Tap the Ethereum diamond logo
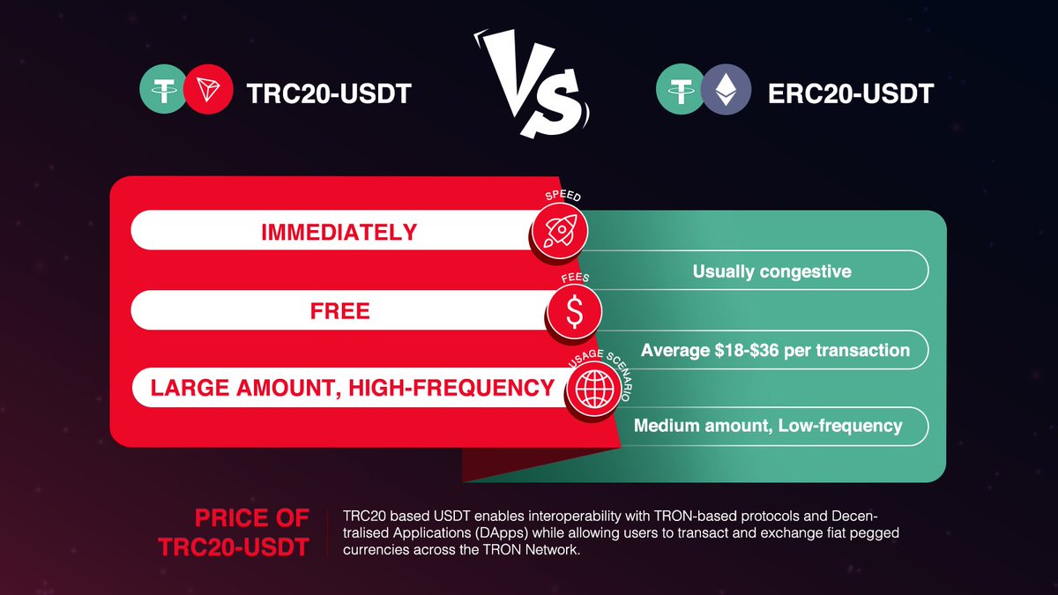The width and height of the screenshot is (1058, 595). point(726,93)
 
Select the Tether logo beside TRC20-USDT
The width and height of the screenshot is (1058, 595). point(164,93)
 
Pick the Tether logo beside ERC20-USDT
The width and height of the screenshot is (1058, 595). point(680,93)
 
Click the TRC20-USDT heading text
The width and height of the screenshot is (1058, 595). point(327,93)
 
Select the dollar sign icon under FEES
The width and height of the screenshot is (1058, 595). point(574,310)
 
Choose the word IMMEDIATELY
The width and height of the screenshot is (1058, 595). point(339,233)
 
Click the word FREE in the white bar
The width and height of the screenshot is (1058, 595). point(339,310)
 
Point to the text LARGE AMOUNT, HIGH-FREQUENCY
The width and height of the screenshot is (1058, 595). point(352,388)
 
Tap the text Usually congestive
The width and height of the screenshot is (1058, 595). point(771,271)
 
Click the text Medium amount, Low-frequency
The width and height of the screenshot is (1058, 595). point(768,426)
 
